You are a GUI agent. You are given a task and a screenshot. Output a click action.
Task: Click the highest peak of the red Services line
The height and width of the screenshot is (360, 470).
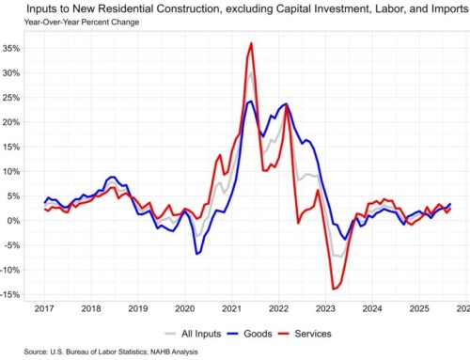[251, 43]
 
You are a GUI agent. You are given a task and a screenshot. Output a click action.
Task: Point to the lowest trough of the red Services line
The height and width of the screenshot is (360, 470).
[333, 289]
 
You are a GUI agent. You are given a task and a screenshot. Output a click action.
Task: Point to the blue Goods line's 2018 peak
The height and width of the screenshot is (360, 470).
[112, 177]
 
